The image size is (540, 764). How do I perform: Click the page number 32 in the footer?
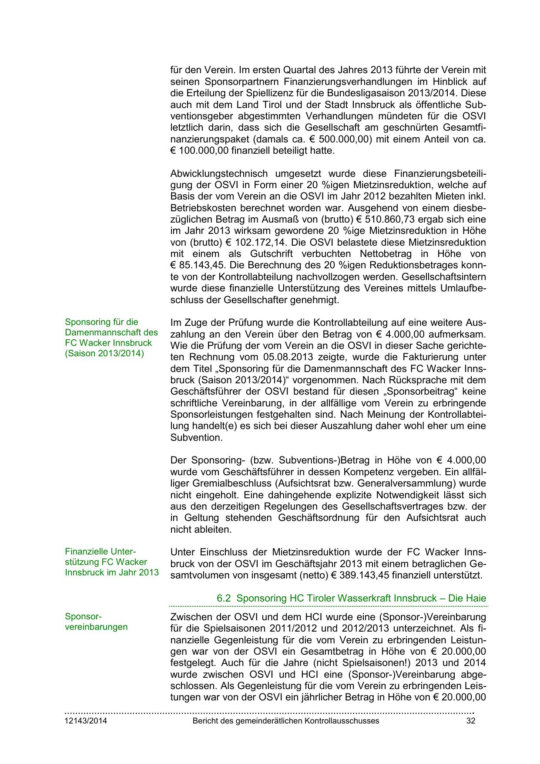470,720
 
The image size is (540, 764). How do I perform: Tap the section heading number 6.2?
223,598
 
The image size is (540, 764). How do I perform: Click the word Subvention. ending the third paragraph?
196,437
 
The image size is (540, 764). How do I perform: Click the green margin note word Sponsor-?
83,616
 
